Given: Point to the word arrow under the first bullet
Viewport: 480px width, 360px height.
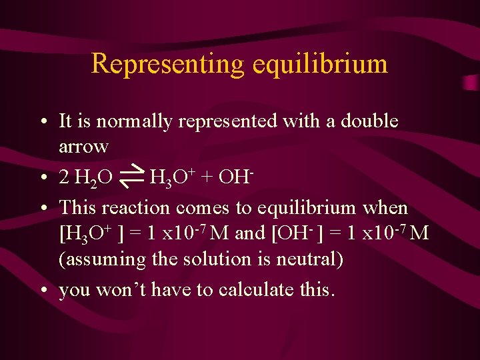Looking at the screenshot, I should [x=83, y=145].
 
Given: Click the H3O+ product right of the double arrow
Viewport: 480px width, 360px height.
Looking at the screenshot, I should [x=171, y=178].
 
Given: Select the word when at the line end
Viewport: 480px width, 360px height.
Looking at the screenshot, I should [x=385, y=207].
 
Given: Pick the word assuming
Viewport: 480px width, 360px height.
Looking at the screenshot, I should [x=103, y=259].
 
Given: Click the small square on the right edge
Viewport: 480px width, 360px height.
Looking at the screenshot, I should [x=469, y=82].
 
